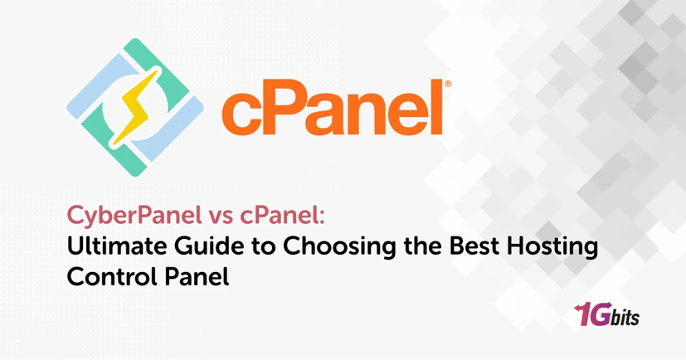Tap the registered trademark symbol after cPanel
[448, 83]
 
